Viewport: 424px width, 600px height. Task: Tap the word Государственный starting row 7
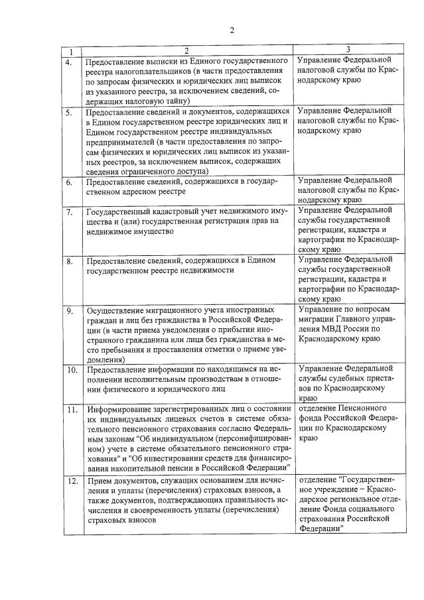121,211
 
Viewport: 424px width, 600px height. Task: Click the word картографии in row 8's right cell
326,289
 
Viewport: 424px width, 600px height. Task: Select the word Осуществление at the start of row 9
117,310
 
